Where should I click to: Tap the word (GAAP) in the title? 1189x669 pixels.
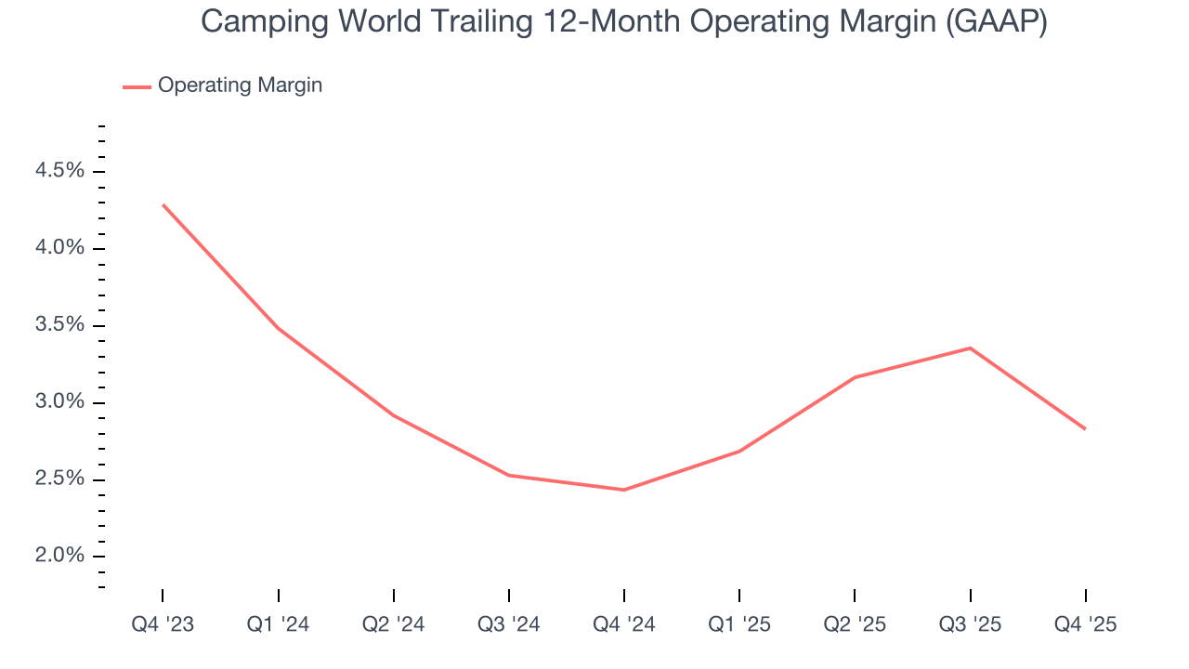click(996, 22)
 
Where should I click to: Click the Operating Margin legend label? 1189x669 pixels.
click(240, 85)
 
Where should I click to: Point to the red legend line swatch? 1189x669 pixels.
click(137, 86)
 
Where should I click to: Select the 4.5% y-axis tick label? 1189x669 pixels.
click(59, 171)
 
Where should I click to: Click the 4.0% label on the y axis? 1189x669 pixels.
click(59, 248)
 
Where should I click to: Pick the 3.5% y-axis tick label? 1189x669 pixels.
click(59, 325)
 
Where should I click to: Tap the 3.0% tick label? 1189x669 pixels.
click(59, 402)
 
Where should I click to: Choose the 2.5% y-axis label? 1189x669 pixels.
click(59, 479)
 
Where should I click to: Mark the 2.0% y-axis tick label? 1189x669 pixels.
click(59, 557)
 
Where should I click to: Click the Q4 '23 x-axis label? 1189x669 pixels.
click(163, 624)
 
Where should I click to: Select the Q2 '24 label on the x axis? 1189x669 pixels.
click(393, 624)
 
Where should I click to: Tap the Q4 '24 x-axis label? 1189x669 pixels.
click(623, 624)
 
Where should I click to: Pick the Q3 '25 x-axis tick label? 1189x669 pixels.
click(970, 624)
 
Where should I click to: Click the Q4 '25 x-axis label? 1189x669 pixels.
click(1085, 624)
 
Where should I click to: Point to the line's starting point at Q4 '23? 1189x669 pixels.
click(163, 204)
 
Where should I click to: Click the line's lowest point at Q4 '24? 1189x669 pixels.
click(623, 490)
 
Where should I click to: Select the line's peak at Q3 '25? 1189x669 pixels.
click(970, 348)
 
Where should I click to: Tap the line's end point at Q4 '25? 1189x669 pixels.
click(1085, 428)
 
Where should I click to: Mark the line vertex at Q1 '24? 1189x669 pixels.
click(278, 328)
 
